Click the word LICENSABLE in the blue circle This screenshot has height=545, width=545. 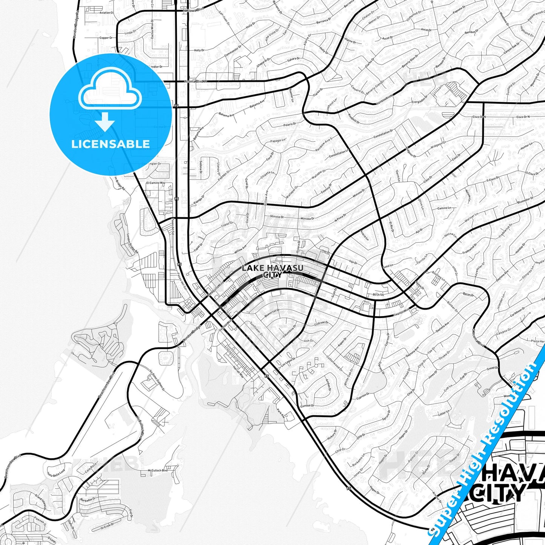click(x=111, y=144)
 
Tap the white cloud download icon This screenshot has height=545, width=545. click(x=110, y=98)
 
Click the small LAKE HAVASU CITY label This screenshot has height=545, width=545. click(x=272, y=271)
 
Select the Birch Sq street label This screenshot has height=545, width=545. click(x=378, y=295)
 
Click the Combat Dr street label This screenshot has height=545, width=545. click(x=307, y=405)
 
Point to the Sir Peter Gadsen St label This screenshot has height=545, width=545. click(x=157, y=380)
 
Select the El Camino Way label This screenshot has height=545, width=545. click(x=156, y=183)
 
